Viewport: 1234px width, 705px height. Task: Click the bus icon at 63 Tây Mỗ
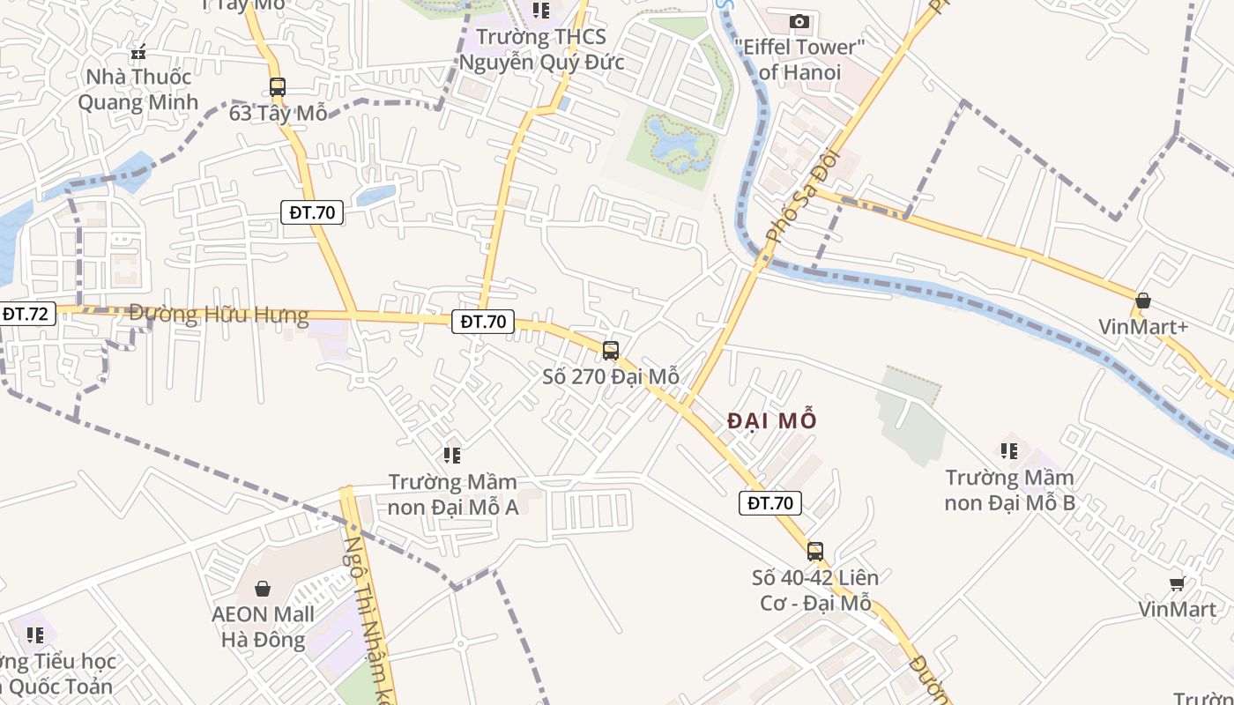pos(278,87)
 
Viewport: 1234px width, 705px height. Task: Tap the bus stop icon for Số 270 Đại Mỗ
pos(611,350)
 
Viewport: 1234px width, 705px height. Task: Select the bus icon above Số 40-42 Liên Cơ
pos(815,552)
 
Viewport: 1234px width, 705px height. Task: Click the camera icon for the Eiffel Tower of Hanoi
pos(799,21)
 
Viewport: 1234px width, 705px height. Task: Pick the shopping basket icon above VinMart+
pos(1143,301)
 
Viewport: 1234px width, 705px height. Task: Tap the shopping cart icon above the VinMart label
pos(1177,583)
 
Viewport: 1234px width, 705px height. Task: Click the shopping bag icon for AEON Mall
pos(262,589)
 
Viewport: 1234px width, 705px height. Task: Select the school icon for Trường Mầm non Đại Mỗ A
pos(452,456)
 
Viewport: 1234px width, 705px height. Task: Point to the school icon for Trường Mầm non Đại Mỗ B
pos(1009,451)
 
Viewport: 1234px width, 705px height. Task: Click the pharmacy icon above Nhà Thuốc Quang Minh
pos(138,52)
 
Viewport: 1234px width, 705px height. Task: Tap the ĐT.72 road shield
pos(26,314)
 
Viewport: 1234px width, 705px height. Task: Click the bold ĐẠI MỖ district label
pos(772,421)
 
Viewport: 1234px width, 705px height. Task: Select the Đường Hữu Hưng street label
pos(219,315)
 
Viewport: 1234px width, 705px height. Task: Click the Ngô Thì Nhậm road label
pos(369,617)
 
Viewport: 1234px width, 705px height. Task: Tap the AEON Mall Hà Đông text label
pos(263,627)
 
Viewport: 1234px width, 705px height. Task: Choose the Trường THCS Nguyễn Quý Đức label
pos(541,49)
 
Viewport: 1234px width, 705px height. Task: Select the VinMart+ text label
pos(1143,327)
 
